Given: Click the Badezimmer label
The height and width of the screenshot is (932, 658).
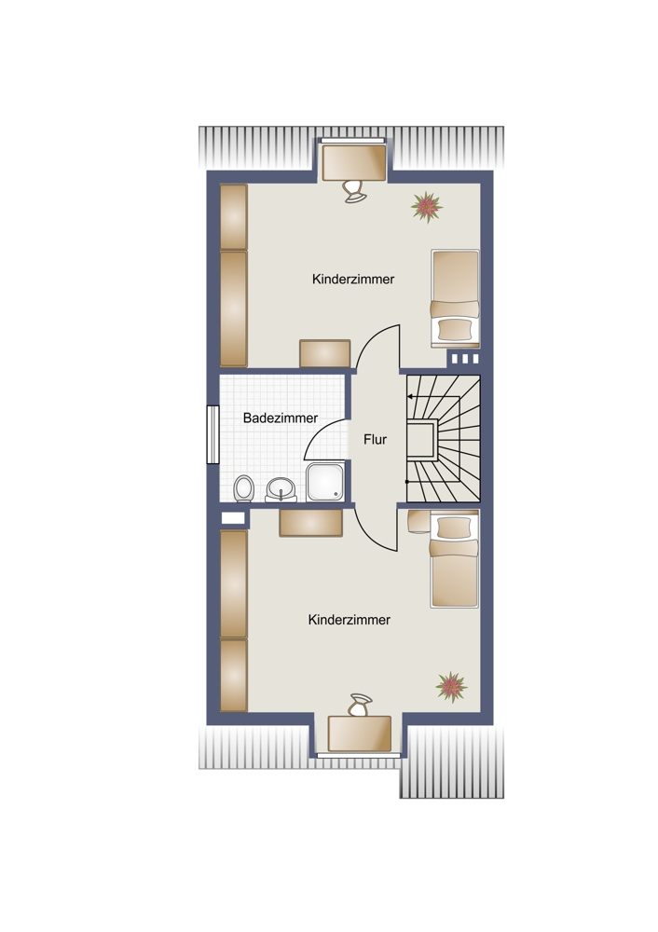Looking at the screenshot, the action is click(x=281, y=418).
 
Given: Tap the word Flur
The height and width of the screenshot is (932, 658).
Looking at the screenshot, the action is click(x=375, y=439).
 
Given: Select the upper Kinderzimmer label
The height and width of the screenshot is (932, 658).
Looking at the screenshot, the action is click(x=353, y=279).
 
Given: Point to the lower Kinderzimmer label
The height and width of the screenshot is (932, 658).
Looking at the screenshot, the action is click(x=349, y=620).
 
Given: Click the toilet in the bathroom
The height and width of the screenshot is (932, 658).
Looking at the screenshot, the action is click(x=243, y=488).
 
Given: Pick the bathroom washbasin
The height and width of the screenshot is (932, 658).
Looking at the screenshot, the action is click(x=281, y=490).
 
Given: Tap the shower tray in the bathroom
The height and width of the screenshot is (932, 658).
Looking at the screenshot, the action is click(x=324, y=482).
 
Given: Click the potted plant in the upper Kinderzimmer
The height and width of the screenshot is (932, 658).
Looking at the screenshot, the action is click(x=427, y=207).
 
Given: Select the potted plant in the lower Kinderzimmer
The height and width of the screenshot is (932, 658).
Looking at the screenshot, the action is click(x=452, y=687).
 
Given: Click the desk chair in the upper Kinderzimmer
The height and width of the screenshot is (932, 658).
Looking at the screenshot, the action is click(x=354, y=191).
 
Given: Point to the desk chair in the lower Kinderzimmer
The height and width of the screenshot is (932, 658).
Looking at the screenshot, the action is click(x=360, y=705).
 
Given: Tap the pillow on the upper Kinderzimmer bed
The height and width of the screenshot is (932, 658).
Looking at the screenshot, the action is click(x=455, y=329).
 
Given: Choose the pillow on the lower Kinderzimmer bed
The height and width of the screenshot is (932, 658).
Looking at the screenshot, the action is click(x=454, y=527).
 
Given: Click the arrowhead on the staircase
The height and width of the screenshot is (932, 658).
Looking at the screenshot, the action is click(x=410, y=396).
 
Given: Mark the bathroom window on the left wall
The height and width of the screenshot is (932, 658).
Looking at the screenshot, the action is click(x=212, y=434).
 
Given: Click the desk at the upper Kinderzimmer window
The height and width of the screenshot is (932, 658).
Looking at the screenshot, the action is click(x=354, y=161).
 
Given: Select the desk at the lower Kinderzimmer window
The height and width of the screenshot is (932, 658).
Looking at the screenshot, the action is click(x=360, y=733).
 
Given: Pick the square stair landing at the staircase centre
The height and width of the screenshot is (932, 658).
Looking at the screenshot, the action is click(x=422, y=439).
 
